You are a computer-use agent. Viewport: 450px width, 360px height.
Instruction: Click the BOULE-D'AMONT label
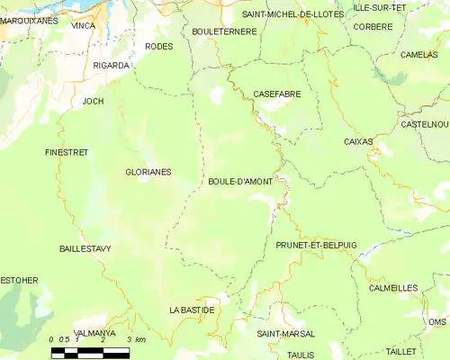click(235, 181)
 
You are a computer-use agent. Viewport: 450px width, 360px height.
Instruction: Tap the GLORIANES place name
click(148, 171)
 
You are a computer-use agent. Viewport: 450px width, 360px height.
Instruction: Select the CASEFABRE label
click(277, 94)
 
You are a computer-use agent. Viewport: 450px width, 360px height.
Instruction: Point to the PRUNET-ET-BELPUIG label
click(317, 245)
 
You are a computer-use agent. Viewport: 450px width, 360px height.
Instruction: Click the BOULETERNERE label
click(224, 31)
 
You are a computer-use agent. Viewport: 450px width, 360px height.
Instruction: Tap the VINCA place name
click(83, 27)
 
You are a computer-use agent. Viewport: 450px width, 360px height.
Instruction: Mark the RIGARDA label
click(112, 66)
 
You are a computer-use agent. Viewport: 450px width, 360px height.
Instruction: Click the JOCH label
click(94, 101)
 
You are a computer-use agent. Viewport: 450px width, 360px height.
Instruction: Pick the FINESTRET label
click(67, 152)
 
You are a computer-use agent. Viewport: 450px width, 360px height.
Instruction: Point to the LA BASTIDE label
click(192, 310)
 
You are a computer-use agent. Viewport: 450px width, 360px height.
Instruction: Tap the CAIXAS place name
click(358, 141)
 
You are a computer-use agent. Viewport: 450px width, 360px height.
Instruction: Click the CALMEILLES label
click(393, 288)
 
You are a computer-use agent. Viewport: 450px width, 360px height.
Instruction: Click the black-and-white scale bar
click(90, 352)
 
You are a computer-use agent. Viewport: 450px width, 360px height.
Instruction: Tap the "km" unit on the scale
click(139, 339)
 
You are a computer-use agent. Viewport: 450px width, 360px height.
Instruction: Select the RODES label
click(158, 46)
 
